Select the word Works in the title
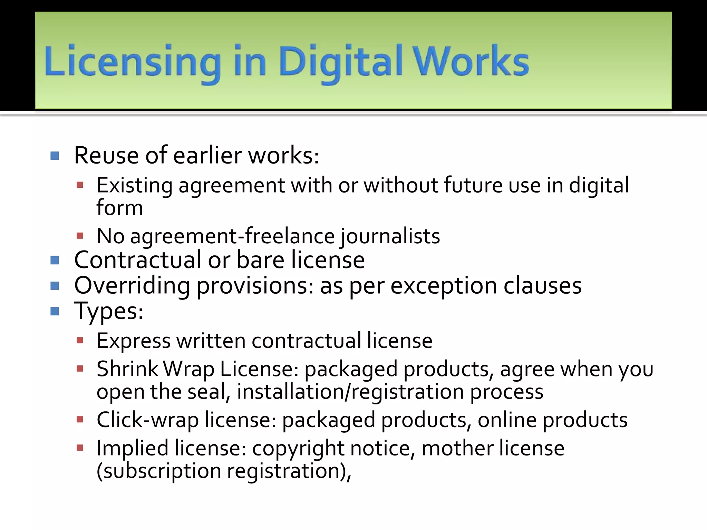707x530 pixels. click(x=471, y=61)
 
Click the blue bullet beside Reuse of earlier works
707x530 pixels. click(x=55, y=156)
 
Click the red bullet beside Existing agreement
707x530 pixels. click(x=80, y=185)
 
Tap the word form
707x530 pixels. click(x=119, y=208)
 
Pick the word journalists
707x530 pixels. click(x=390, y=236)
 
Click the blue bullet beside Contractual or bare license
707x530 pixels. click(x=55, y=260)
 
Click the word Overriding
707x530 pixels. click(x=132, y=286)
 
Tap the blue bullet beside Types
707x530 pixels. click(x=55, y=312)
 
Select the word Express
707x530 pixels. click(x=134, y=341)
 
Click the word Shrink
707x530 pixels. click(x=127, y=369)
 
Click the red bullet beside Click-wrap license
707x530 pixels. click(x=80, y=420)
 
